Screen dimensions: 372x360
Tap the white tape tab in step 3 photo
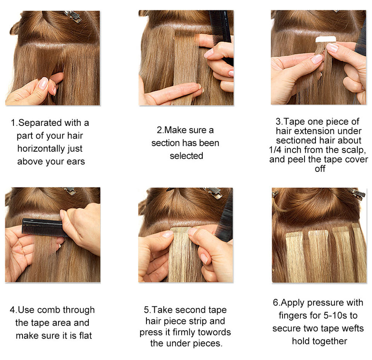click(x=325, y=39)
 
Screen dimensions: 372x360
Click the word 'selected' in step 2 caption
click(x=186, y=156)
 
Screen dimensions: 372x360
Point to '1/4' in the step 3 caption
click(x=275, y=150)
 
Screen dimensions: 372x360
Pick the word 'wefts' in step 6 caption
click(x=353, y=329)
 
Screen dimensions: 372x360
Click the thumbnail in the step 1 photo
click(x=43, y=84)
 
